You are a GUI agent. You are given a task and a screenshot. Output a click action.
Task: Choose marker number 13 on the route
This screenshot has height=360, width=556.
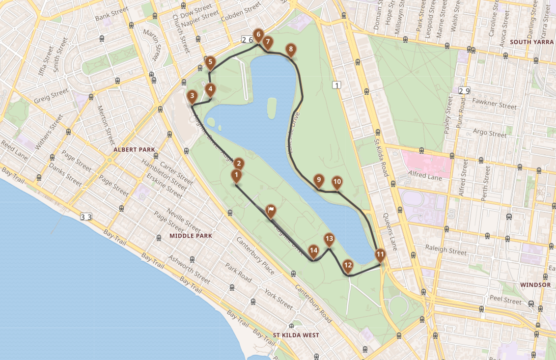click(329, 240)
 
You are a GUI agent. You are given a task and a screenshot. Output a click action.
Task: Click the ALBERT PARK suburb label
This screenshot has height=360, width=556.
click(134, 149)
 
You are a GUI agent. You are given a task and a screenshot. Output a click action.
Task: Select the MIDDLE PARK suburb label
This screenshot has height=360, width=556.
click(191, 236)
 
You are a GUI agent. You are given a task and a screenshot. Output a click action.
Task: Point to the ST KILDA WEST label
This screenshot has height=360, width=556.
click(296, 335)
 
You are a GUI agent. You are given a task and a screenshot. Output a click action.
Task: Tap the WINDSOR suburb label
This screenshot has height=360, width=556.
click(535, 285)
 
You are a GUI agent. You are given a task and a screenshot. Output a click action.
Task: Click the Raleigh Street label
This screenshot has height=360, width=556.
click(446, 250)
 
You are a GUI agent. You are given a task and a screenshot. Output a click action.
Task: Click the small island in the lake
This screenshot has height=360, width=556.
click(272, 107)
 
